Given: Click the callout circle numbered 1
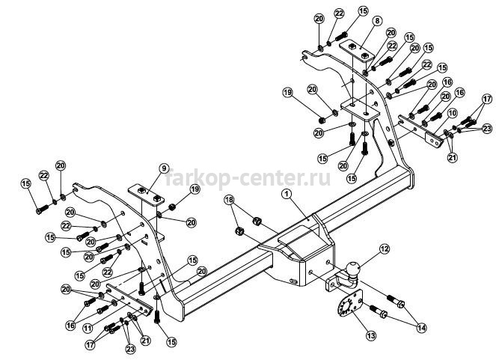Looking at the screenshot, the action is tap(287, 195).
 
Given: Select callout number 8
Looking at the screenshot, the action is tap(377, 21).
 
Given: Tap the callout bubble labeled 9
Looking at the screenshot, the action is tap(164, 168).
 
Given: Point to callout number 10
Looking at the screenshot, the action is tap(453, 113).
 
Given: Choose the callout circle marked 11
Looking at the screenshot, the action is tap(88, 328).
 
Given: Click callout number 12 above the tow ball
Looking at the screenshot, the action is tap(384, 249).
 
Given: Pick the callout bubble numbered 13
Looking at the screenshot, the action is tap(371, 335).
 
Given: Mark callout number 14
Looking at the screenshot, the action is tap(421, 328).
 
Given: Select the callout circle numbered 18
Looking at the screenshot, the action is tap(230, 200).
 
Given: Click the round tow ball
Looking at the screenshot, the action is tap(353, 269).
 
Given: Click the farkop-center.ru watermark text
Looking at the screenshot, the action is tap(248, 178).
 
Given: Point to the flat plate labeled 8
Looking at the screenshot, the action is tap(357, 51).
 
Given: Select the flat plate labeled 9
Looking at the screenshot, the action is tap(147, 195).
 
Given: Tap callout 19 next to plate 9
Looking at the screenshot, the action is tap(195, 189).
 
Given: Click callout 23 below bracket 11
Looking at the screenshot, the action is tap(130, 349).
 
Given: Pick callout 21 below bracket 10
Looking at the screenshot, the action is tap(453, 157).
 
